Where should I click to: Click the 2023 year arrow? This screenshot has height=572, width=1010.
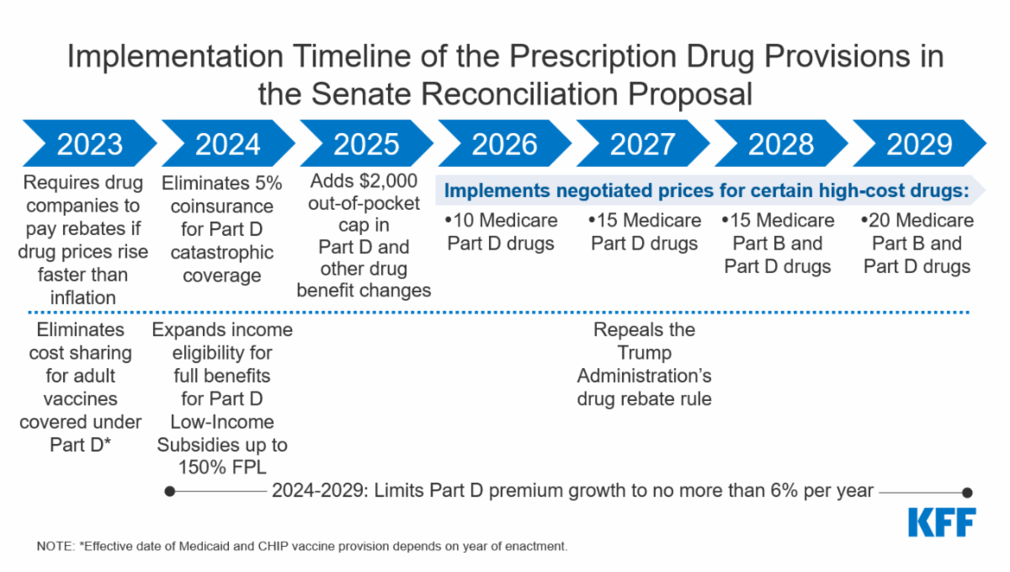point(89,144)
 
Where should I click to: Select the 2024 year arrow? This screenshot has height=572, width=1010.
point(227,144)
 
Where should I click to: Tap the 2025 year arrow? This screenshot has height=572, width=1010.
point(366,144)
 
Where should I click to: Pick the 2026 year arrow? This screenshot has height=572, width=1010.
point(504,144)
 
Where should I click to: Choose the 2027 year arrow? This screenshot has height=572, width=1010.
point(642,144)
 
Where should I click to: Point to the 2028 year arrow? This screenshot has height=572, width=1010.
point(780,144)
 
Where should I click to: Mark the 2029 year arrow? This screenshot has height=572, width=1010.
point(918,144)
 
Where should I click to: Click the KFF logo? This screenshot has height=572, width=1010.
point(942,522)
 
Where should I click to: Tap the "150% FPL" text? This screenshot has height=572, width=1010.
point(222,468)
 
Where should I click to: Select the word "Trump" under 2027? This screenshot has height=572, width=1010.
point(644,353)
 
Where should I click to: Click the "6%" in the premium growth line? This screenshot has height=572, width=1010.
point(779,490)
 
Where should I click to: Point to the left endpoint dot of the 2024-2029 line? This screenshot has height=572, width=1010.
point(170,491)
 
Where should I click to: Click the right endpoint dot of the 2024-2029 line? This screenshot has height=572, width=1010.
point(967,492)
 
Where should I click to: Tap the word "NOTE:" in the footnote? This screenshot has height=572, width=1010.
point(55,546)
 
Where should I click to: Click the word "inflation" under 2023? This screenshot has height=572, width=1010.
point(82,297)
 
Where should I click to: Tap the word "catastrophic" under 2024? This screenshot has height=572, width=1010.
point(222,252)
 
